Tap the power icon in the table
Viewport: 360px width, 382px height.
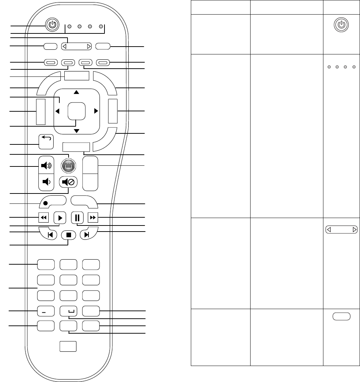click(x=341, y=25)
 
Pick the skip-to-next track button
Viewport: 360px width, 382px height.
click(x=86, y=235)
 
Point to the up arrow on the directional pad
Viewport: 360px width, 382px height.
click(x=76, y=92)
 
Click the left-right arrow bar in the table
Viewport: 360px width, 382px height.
click(x=341, y=230)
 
